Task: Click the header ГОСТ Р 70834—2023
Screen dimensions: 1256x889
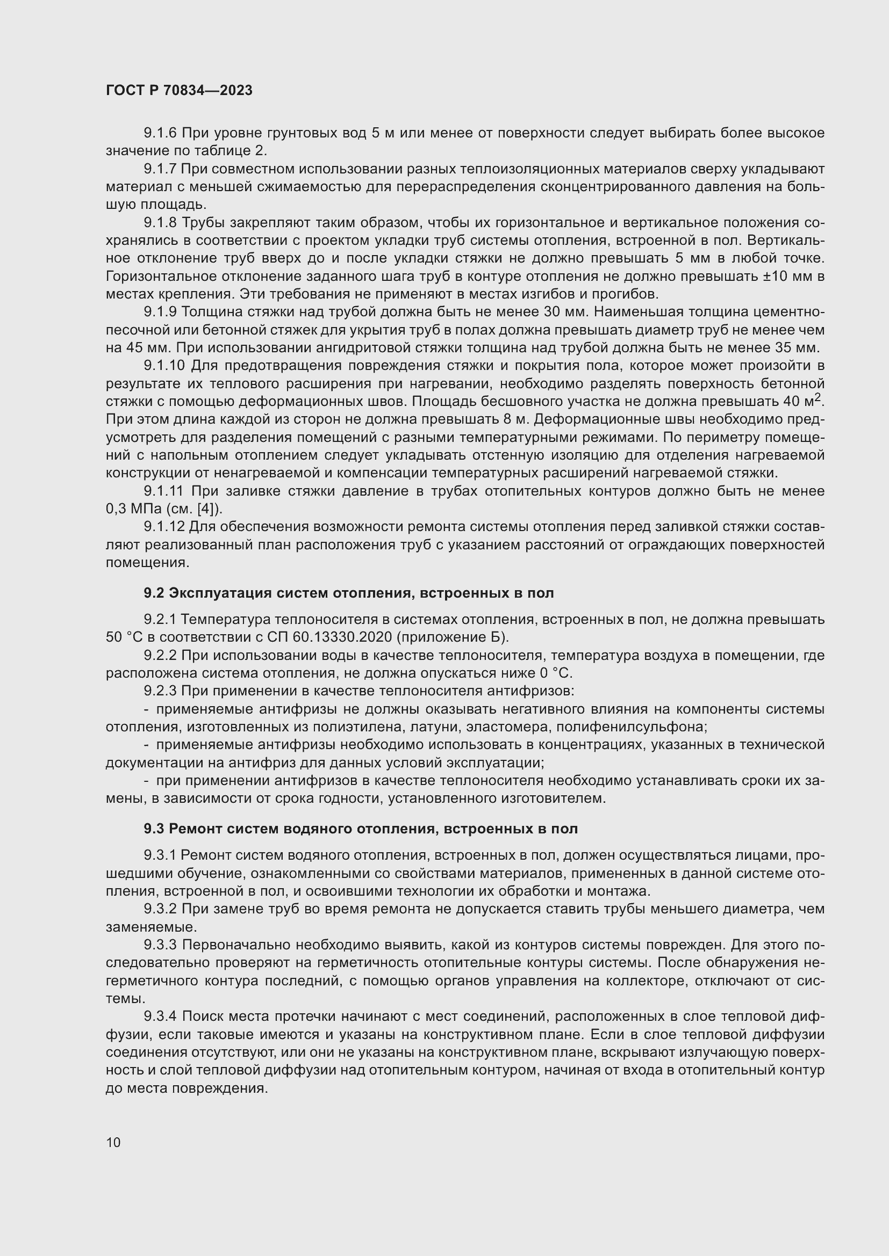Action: click(x=179, y=90)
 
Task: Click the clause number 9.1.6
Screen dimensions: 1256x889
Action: click(x=160, y=133)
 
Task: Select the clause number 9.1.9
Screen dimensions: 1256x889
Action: click(x=160, y=312)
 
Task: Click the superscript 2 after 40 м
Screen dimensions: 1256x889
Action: click(x=818, y=397)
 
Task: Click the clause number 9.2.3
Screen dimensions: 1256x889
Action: click(x=160, y=691)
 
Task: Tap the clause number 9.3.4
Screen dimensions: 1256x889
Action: click(x=160, y=1017)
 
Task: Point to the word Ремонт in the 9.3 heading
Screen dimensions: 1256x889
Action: click(x=196, y=829)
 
